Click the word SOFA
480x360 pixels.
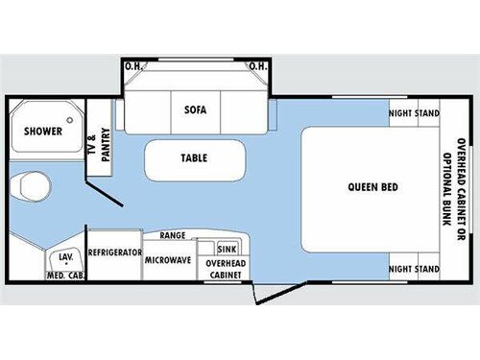pos(196,109)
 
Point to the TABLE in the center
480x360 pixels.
pos(195,158)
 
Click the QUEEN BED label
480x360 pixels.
pos(374,186)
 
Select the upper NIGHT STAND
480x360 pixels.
pos(414,113)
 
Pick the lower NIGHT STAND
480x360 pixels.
pos(414,268)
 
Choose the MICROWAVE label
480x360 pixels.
pos(168,260)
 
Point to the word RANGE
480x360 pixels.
pos(173,235)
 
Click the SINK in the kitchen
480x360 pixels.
pos(227,248)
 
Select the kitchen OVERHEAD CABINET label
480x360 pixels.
pos(226,268)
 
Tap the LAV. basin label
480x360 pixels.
pos(66,257)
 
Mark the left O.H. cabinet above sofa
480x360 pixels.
pos(133,66)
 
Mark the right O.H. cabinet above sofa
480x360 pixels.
pos(258,66)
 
